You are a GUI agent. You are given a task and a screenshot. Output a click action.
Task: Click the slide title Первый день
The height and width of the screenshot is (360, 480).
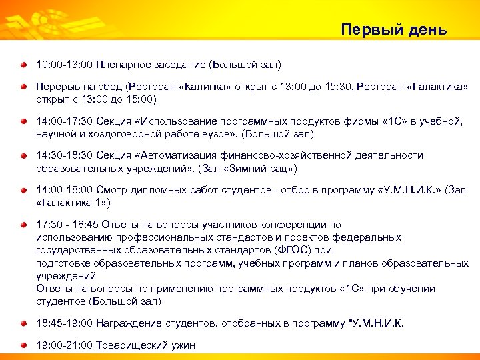point(393,30)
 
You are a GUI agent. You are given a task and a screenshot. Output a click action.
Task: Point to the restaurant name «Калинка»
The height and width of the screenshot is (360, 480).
point(213,87)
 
